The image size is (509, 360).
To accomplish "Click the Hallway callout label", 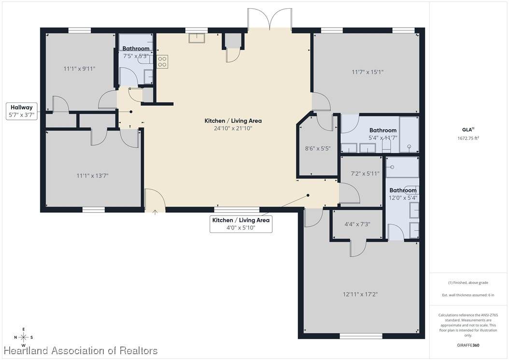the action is pyautogui.click(x=22, y=111).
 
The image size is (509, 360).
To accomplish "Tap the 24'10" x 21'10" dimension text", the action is pyautogui.click(x=233, y=129).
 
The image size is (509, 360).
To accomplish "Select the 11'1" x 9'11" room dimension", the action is pyautogui.click(x=79, y=69).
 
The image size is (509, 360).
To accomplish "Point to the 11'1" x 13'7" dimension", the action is pyautogui.click(x=93, y=176).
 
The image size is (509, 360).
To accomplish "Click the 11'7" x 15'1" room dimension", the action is pyautogui.click(x=368, y=72).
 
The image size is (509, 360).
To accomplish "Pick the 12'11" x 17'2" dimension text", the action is pyautogui.click(x=360, y=294).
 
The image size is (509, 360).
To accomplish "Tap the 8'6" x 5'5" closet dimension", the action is pyautogui.click(x=318, y=148).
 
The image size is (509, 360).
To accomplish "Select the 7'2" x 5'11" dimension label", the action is pyautogui.click(x=365, y=173).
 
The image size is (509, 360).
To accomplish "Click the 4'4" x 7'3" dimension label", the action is pyautogui.click(x=357, y=224).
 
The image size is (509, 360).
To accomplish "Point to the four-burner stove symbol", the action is pyautogui.click(x=162, y=62).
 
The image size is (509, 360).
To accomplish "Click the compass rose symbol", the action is pyautogui.click(x=23, y=337).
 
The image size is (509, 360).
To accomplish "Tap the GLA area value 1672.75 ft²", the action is pyautogui.click(x=468, y=138).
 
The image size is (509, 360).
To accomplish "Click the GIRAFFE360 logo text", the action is pyautogui.click(x=468, y=345).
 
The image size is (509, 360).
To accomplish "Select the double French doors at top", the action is pyautogui.click(x=269, y=19).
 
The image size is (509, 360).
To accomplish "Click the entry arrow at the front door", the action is pyautogui.click(x=155, y=213).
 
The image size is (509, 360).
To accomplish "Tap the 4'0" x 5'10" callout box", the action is pyautogui.click(x=241, y=224).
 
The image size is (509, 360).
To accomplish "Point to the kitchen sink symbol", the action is pyautogui.click(x=197, y=38).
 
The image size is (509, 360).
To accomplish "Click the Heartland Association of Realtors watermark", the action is pyautogui.click(x=81, y=351).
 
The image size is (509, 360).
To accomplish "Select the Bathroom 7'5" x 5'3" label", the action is pyautogui.click(x=136, y=52).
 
